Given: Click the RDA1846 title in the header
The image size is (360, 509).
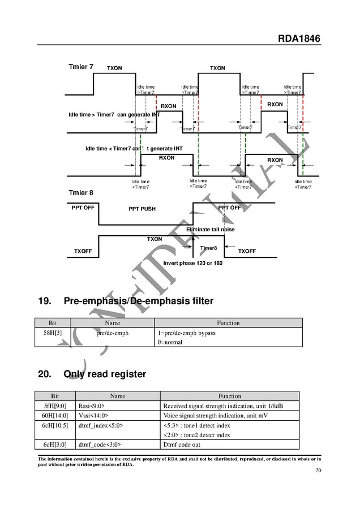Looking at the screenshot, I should pyautogui.click(x=299, y=39).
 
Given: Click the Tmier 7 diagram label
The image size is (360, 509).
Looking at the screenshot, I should pyautogui.click(x=81, y=67).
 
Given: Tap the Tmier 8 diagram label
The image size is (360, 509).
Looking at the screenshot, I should pyautogui.click(x=81, y=193).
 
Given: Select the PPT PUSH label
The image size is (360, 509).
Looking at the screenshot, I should pyautogui.click(x=142, y=209).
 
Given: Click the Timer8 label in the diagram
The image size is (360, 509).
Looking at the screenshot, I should pyautogui.click(x=208, y=248).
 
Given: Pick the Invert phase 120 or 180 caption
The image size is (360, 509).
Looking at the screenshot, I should pyautogui.click(x=192, y=264).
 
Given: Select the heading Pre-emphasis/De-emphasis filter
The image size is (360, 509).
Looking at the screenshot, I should pyautogui.click(x=139, y=301).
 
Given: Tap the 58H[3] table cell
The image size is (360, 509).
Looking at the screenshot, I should pyautogui.click(x=53, y=333).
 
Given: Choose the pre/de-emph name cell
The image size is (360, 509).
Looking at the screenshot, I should pyautogui.click(x=113, y=333).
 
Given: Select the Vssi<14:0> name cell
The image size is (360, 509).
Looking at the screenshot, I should pyautogui.click(x=93, y=416).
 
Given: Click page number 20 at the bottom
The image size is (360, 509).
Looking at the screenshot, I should pyautogui.click(x=318, y=471).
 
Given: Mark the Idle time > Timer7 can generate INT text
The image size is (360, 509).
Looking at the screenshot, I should pyautogui.click(x=114, y=115).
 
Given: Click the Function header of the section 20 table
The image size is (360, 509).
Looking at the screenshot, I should pyautogui.click(x=229, y=396).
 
